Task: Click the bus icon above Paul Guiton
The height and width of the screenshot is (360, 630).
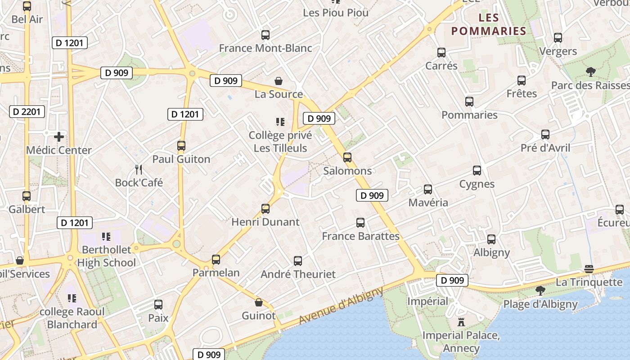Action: [x=181, y=146]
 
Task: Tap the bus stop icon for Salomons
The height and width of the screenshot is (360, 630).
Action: [x=347, y=157]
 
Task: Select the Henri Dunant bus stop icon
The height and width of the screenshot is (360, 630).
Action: [x=265, y=209]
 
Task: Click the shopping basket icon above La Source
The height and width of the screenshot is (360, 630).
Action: [x=279, y=81]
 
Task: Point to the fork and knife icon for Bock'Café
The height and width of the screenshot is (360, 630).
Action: [x=139, y=170]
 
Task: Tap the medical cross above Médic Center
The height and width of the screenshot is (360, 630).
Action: [x=59, y=137]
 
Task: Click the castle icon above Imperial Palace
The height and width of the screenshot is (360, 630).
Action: [x=461, y=322]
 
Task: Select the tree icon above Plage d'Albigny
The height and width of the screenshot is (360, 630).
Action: [x=540, y=291]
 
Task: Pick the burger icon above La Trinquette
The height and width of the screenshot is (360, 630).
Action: [x=589, y=269]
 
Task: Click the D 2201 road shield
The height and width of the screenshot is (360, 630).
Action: [x=27, y=112]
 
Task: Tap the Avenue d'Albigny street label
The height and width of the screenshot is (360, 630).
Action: [x=341, y=306]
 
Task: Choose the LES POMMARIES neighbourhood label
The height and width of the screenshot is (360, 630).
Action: [x=489, y=24]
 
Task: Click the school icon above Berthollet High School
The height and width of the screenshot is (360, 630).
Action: [x=106, y=236]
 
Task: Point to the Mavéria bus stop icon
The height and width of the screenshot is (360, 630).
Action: [x=428, y=189]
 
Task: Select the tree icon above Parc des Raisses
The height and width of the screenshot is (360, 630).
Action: [x=590, y=72]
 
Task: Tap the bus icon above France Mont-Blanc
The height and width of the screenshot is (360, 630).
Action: [x=265, y=35]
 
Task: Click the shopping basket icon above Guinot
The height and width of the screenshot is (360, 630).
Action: [x=259, y=302]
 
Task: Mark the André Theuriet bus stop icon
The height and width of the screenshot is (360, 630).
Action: [x=298, y=261]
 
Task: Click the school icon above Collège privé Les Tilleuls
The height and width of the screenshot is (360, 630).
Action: [x=280, y=121]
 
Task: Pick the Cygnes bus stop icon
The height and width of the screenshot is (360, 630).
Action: [x=477, y=171]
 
